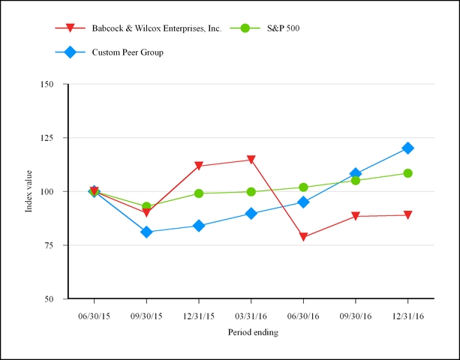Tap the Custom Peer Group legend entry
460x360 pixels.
click(x=128, y=52)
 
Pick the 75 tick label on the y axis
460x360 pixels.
click(x=50, y=245)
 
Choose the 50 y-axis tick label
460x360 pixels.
click(x=50, y=298)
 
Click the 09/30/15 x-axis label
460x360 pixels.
click(x=146, y=316)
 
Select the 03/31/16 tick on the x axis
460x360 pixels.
click(x=251, y=316)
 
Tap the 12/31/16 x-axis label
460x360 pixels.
click(x=407, y=316)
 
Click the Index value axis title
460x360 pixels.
click(x=29, y=191)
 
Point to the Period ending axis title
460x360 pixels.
click(x=251, y=332)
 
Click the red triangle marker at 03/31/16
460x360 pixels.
click(x=251, y=160)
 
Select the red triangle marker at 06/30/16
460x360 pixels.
click(x=303, y=237)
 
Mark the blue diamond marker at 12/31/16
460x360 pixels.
click(x=407, y=148)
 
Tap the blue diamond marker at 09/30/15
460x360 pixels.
click(x=146, y=232)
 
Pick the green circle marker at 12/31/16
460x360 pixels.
click(x=407, y=173)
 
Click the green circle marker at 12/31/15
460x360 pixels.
click(x=199, y=193)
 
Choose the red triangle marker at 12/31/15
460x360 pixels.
click(x=199, y=166)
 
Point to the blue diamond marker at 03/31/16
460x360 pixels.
click(x=251, y=214)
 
